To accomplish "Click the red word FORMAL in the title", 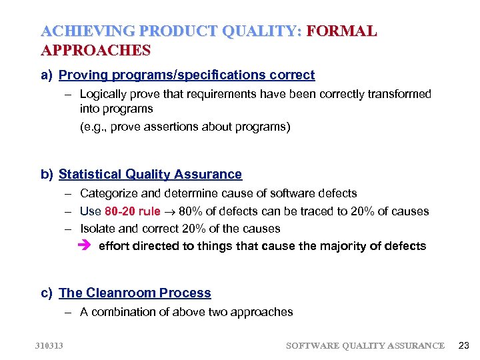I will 341,31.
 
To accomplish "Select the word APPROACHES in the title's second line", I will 95,50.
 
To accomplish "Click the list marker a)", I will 46,75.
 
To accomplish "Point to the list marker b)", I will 46,175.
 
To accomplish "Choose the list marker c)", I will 46,293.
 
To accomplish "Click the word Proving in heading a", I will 82,75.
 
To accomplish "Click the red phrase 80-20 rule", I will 133,211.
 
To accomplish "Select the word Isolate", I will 98,229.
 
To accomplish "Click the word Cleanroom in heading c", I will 115,293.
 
